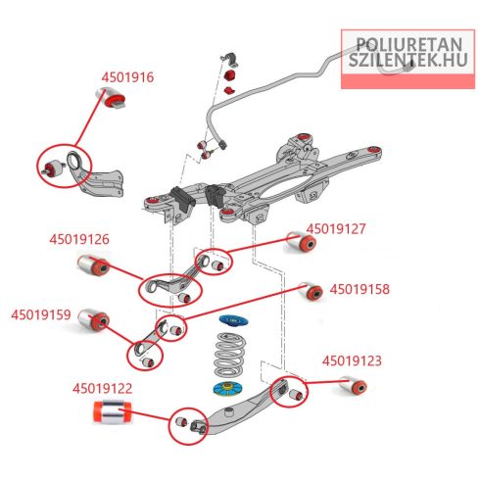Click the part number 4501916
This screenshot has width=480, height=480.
point(127,77)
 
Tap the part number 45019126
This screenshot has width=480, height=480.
point(79,239)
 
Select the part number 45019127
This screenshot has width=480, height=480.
point(336,229)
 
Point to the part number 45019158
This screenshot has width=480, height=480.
point(360,289)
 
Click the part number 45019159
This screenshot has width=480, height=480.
point(41,314)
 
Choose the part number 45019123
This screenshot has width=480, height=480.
point(352,361)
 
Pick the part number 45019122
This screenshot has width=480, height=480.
point(103,389)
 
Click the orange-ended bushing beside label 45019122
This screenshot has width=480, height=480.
point(112,411)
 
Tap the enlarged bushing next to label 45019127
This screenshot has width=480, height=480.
point(301,241)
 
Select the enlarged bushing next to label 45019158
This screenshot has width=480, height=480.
point(311,291)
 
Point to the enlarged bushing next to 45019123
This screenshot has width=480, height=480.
point(353,385)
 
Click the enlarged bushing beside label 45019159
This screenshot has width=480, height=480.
point(94,319)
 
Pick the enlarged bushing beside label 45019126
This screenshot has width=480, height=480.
point(94,265)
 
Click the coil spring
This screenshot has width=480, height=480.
point(230,355)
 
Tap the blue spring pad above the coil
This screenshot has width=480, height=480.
point(233,320)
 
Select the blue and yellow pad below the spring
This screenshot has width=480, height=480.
point(227,389)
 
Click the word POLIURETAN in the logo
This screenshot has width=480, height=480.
point(408,44)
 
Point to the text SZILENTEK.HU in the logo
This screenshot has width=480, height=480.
point(408,60)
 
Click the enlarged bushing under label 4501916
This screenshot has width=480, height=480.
point(111,98)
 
